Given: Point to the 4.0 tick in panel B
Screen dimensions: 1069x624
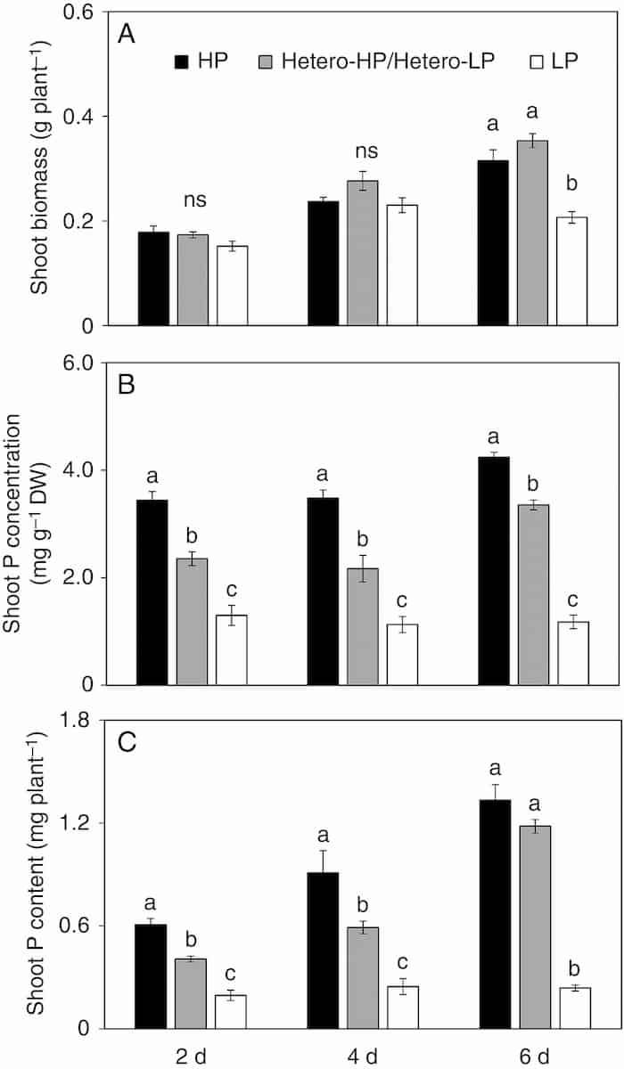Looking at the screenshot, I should click(x=92, y=469).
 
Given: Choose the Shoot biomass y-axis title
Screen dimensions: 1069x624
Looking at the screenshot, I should click(x=40, y=169).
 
